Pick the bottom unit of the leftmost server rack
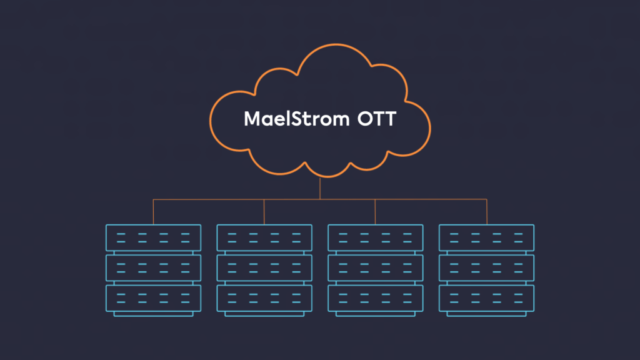[x=153, y=298]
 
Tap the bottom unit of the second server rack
[x=264, y=298]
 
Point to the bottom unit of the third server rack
[x=375, y=298]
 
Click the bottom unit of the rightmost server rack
[x=486, y=298]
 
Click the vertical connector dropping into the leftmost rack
[x=153, y=212]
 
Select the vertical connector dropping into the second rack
[x=264, y=212]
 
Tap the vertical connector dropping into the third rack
[x=375, y=212]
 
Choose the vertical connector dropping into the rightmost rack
[x=486, y=212]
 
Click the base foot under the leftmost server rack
[x=153, y=314]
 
